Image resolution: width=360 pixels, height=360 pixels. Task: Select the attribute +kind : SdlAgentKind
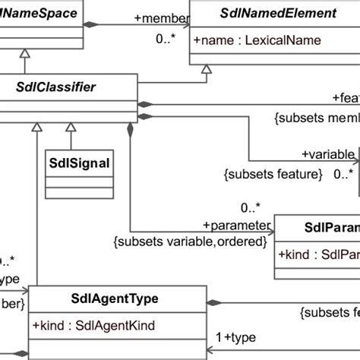click(94, 325)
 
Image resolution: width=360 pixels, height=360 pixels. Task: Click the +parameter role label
click(237, 225)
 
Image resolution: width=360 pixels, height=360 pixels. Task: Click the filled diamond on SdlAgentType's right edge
click(215, 304)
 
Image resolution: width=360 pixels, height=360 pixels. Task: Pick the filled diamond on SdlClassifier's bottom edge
click(131, 131)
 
